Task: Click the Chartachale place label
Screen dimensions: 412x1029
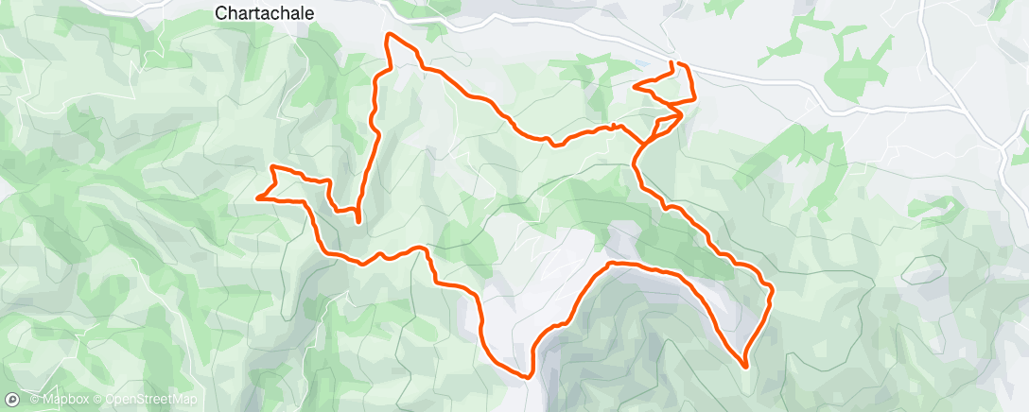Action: (264, 13)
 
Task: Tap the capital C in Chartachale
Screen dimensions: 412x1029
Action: (221, 13)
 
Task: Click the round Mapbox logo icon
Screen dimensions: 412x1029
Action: (12, 399)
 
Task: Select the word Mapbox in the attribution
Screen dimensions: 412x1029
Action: (65, 400)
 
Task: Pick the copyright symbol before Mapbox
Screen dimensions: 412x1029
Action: (34, 400)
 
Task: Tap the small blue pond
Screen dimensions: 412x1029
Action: (643, 64)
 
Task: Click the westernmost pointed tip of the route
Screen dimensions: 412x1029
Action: (257, 197)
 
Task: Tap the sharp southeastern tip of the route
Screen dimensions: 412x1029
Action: (745, 366)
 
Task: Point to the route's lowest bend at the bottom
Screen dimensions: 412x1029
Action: (526, 376)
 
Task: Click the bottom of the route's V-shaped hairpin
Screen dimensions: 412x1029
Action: (358, 221)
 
